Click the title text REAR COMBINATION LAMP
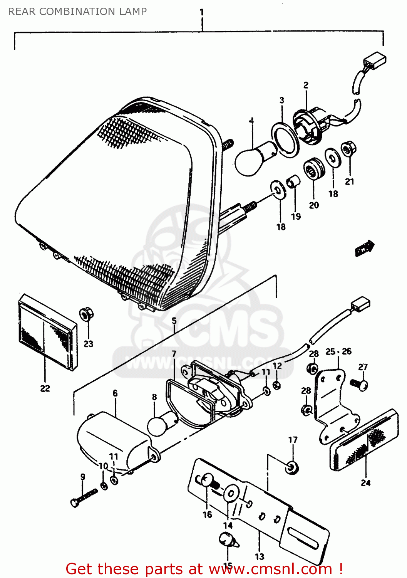[77, 12]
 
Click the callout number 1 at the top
[202, 12]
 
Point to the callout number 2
[306, 85]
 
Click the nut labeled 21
[349, 148]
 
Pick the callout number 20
[314, 205]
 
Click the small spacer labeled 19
[294, 180]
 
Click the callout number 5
[174, 321]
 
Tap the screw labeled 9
[84, 497]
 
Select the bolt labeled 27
[360, 384]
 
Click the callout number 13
[260, 556]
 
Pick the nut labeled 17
[292, 467]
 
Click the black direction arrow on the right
[364, 248]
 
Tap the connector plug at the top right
[374, 60]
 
